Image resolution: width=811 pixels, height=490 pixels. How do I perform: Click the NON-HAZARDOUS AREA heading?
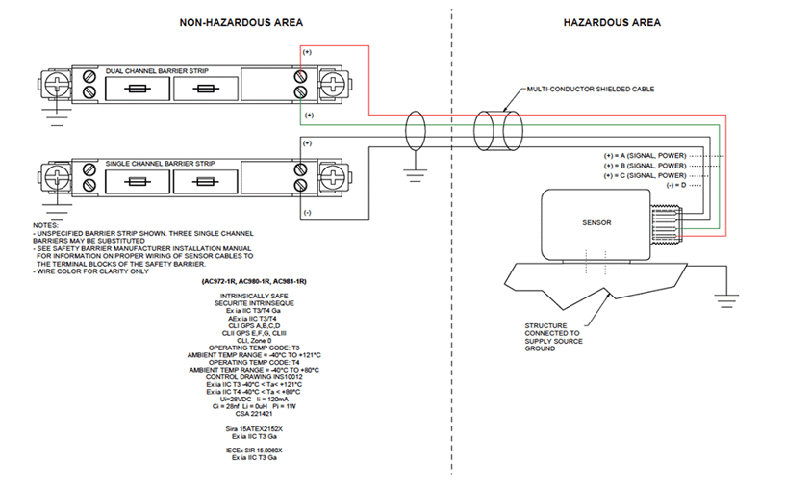tap(241, 23)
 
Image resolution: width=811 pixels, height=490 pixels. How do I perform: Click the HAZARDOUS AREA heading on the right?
tap(612, 23)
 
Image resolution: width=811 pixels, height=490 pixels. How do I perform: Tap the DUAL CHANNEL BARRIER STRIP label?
tap(157, 71)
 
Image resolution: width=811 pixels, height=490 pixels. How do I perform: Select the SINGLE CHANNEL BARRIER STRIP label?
tap(161, 164)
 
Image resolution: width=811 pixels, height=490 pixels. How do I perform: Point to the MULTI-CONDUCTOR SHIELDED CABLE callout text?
tap(591, 89)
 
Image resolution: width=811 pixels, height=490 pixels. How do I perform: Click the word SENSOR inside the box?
tap(596, 222)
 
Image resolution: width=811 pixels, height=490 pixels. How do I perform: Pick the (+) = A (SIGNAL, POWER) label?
tap(645, 156)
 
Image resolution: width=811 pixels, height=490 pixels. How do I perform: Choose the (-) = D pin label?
tap(676, 185)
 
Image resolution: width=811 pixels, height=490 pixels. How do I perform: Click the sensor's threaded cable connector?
tap(667, 223)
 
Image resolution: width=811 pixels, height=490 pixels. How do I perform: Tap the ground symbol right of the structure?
tap(726, 300)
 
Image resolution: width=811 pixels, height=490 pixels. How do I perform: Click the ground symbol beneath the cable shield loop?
tap(415, 175)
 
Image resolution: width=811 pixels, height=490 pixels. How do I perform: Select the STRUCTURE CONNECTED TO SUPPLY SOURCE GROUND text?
tap(553, 337)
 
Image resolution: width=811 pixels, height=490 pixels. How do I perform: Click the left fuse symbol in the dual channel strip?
tap(138, 89)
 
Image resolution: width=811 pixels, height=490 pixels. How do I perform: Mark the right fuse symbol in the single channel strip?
tap(205, 182)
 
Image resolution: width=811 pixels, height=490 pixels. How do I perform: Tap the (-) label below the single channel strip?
tap(307, 213)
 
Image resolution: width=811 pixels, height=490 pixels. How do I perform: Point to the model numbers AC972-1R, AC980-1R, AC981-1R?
tap(254, 281)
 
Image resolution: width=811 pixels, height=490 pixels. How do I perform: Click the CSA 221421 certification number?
tap(254, 414)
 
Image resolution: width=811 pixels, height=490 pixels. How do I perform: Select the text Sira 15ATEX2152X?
tap(254, 429)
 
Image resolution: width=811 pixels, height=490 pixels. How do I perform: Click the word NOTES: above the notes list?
tap(45, 225)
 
